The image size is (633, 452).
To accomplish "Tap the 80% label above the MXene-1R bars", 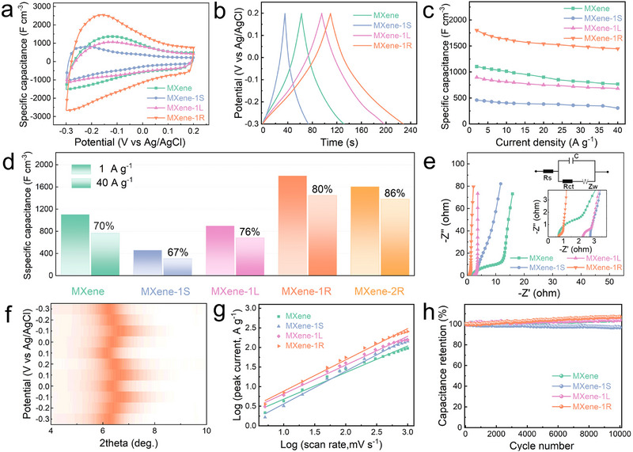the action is [323, 189].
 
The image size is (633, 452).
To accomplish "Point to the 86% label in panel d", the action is [394, 193].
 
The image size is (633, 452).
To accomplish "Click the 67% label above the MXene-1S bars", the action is [177, 253].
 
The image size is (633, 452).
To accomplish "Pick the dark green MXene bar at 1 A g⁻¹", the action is [74, 245].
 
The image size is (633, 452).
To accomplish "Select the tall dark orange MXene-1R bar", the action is [292, 226].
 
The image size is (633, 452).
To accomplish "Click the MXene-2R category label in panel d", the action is [379, 291].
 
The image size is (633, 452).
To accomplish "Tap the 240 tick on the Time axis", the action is [411, 131].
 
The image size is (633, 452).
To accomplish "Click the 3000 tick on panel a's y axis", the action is [43, 6].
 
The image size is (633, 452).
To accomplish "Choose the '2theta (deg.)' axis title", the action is [128, 443].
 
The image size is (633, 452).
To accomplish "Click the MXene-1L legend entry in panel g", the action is [300, 336].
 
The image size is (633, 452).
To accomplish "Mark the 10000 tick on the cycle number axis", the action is [620, 435].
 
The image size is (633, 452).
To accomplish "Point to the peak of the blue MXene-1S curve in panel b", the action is [285, 13].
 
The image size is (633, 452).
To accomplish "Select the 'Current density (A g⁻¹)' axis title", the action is [546, 142].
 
